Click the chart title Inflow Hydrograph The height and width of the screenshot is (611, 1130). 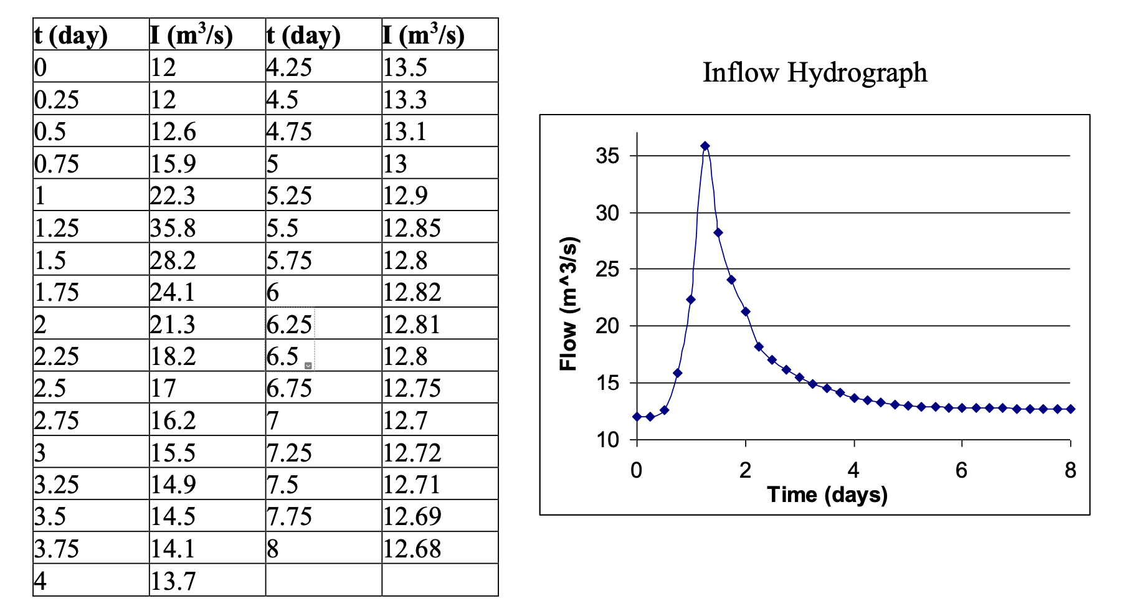pos(814,72)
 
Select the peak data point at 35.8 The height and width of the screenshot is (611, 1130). pos(705,146)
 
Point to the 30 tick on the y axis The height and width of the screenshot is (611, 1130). pos(607,213)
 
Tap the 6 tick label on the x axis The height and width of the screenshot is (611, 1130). pos(961,470)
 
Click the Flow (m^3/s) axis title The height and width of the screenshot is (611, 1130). pos(569,304)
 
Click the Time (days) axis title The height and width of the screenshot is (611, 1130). pos(827,495)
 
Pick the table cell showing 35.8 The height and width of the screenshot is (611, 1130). pos(173,228)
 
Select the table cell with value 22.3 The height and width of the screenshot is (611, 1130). pos(173,196)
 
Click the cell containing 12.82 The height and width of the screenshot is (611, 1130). pos(412,292)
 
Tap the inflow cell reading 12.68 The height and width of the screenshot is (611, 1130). pos(412,549)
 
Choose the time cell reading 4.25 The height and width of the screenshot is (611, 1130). pos(289,67)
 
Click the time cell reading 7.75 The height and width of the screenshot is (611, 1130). pos(289,516)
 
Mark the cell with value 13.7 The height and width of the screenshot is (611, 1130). pos(173,581)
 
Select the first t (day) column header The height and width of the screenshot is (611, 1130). pos(71,35)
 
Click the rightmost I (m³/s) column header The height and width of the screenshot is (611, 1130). pos(424,35)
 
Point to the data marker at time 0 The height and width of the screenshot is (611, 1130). pos(637,417)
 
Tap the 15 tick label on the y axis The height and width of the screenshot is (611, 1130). pos(607,383)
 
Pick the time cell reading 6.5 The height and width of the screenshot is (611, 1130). pos(283,356)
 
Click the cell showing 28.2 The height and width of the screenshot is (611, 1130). pos(173,260)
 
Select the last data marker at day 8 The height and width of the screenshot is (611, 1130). pos(1070,409)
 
